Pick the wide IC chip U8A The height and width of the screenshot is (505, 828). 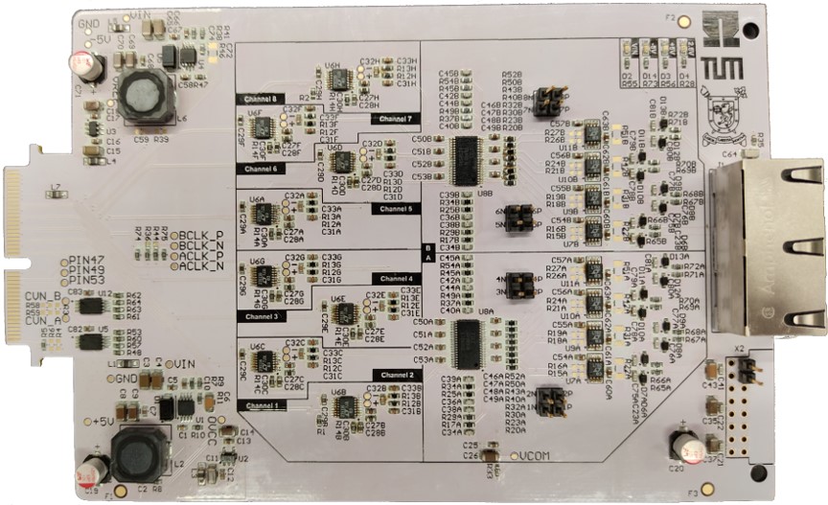click(467, 339)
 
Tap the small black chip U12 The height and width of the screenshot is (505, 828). click(92, 305)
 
